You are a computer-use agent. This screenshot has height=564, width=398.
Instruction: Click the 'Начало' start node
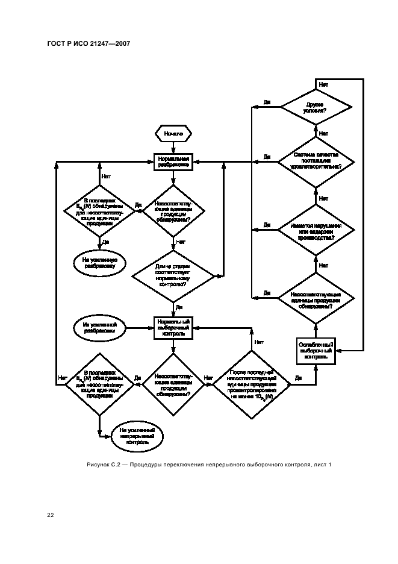click(173, 133)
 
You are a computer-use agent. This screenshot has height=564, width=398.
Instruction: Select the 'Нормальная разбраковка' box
click(173, 161)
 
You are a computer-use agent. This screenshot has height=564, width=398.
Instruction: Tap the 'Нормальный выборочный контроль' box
click(173, 328)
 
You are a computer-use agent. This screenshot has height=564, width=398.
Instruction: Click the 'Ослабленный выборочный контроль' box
click(317, 350)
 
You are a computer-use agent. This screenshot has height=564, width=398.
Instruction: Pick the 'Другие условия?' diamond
click(317, 108)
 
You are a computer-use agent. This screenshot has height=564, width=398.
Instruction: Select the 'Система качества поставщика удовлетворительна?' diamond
click(317, 161)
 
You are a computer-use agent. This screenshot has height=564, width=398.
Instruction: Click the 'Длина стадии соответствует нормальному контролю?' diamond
click(173, 277)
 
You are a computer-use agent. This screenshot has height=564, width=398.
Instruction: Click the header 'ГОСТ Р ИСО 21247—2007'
click(89, 43)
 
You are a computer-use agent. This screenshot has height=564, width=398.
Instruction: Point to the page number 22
click(51, 515)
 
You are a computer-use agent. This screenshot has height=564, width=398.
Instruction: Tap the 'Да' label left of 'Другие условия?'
click(267, 103)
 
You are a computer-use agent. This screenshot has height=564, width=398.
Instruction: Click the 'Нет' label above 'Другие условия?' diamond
click(323, 85)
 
